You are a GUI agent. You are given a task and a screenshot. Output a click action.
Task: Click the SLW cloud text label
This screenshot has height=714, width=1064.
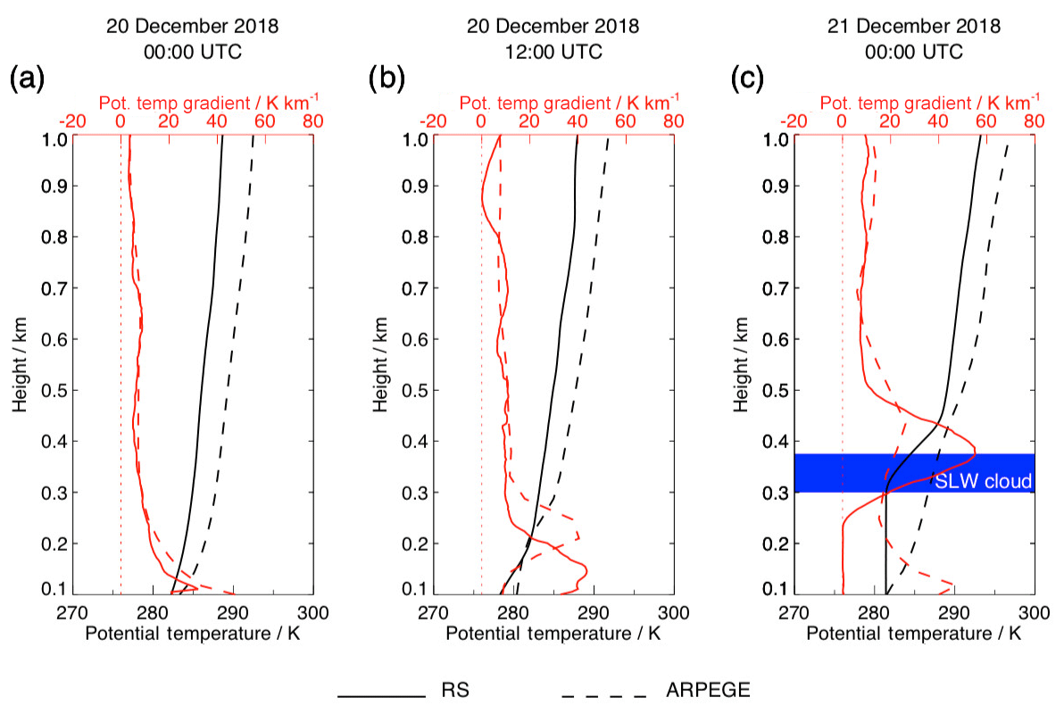[x=983, y=482]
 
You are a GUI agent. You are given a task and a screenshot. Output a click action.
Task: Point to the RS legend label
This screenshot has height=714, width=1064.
[x=455, y=690]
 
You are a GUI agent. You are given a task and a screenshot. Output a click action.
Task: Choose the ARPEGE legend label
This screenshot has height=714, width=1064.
[x=708, y=690]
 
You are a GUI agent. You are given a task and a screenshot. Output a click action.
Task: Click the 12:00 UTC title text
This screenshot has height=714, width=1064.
[x=553, y=52]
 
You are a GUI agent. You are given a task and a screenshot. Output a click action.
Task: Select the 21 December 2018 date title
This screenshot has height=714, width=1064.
[x=914, y=26]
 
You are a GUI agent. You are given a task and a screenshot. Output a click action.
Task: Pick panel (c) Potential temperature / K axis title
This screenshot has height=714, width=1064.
[x=914, y=635]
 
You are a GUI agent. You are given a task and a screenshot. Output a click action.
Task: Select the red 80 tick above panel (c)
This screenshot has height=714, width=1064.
[x=1034, y=120]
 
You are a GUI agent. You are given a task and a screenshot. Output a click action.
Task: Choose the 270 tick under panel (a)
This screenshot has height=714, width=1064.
[x=73, y=613]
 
